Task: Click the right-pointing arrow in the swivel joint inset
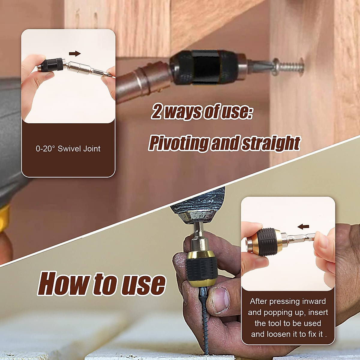pyautogui.click(x=75, y=54)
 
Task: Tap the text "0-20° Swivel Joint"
pyautogui.click(x=68, y=148)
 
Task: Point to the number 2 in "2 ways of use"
pyautogui.click(x=157, y=112)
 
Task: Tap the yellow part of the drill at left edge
pyautogui.click(x=4, y=217)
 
